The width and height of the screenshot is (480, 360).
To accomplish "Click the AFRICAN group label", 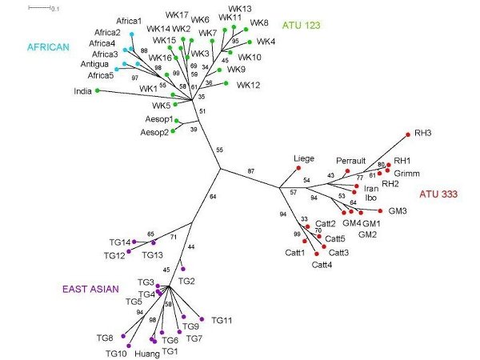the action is (x=48, y=47).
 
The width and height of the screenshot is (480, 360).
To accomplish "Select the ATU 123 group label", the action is (x=302, y=25).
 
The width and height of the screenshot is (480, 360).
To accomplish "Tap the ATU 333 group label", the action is (x=438, y=194).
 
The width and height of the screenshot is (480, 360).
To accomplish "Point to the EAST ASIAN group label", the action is (x=90, y=290).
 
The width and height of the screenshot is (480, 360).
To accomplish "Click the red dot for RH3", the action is (x=408, y=134).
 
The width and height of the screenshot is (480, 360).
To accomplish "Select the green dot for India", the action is (x=98, y=90).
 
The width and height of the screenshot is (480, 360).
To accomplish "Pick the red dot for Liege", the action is (x=298, y=168).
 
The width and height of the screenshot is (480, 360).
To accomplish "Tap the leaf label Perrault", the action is (x=351, y=161).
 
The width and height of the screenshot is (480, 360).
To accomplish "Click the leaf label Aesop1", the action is (x=159, y=119).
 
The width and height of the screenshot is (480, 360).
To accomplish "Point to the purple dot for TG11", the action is (x=202, y=319).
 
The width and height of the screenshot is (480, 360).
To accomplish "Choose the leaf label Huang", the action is (x=147, y=354).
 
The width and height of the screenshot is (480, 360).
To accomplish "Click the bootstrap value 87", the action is (x=251, y=171).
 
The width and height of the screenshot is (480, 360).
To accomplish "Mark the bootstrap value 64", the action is (x=213, y=197).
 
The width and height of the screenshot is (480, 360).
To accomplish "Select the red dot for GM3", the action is (x=380, y=210).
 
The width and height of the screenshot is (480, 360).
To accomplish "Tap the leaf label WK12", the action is (x=248, y=85).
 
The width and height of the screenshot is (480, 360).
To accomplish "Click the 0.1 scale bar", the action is (x=39, y=8).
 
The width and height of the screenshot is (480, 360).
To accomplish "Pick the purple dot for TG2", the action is (x=183, y=269).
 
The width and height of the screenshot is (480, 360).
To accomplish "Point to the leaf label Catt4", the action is (x=322, y=265).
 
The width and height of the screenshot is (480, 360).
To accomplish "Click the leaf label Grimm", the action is (x=406, y=174).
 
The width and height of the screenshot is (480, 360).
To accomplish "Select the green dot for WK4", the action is (x=250, y=42).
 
